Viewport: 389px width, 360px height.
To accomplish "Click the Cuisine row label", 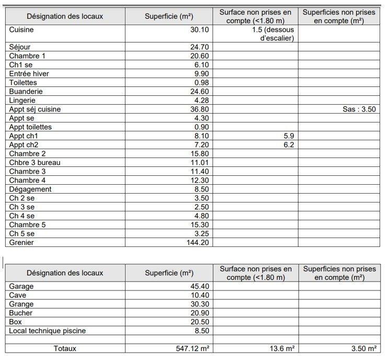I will [x=21, y=30].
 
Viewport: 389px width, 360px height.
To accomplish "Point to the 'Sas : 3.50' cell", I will [x=359, y=109].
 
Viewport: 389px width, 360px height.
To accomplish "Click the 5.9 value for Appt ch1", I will [x=289, y=136].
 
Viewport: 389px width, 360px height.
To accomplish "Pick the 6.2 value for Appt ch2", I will [x=289, y=145].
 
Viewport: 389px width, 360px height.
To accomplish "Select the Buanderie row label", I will [x=26, y=92].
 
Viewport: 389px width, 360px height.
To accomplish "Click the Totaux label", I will [x=65, y=348].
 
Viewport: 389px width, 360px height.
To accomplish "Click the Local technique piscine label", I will [x=48, y=331].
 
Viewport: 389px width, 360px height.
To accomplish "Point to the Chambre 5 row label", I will [x=28, y=224].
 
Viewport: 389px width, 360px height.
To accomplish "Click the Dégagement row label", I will [x=30, y=189].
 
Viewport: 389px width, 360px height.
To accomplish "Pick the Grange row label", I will [x=21, y=304].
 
